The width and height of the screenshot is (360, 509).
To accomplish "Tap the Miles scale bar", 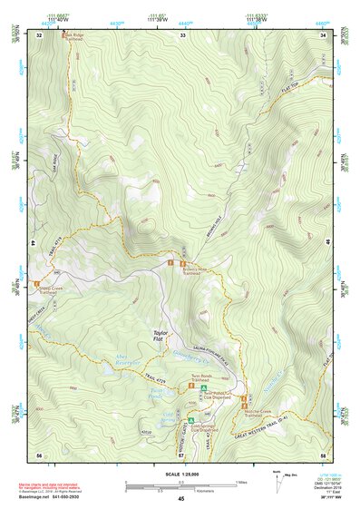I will [181, 481].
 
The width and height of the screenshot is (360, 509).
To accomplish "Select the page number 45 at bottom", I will [181, 499].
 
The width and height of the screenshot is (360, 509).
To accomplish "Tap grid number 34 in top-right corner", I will [323, 34].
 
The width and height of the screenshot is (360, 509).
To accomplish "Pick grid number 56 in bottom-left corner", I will [39, 454].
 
